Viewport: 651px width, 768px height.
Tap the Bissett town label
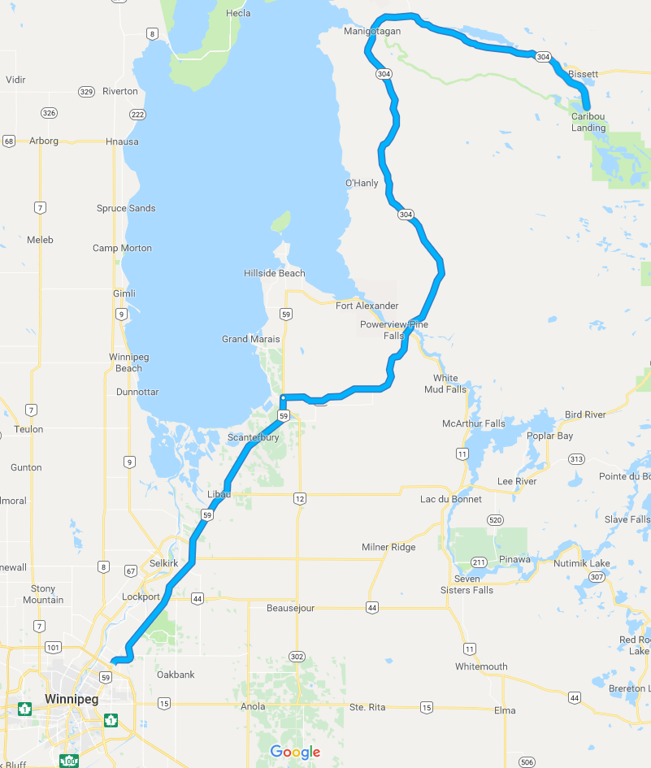[x=583, y=74]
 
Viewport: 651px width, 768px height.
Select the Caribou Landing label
[x=588, y=122]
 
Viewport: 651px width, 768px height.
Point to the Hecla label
[x=238, y=14]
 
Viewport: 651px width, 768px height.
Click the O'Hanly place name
[x=362, y=183]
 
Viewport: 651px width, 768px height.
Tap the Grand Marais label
[x=250, y=339]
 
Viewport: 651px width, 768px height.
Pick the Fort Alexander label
[x=367, y=306]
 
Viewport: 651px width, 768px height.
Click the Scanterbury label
[x=253, y=437]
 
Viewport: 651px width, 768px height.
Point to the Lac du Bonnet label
[x=450, y=499]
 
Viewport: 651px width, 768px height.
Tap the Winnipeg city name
[x=71, y=699]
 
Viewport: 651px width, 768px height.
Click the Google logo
[x=295, y=753]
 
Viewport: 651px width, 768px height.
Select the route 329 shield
[x=87, y=92]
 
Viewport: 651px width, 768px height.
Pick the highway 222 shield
[x=137, y=115]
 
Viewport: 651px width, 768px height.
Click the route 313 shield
[x=576, y=459]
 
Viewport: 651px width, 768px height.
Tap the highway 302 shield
[x=296, y=656]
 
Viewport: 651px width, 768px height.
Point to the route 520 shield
[x=495, y=519]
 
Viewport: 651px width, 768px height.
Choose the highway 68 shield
[x=9, y=141]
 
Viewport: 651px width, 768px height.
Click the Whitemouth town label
[x=481, y=666]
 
